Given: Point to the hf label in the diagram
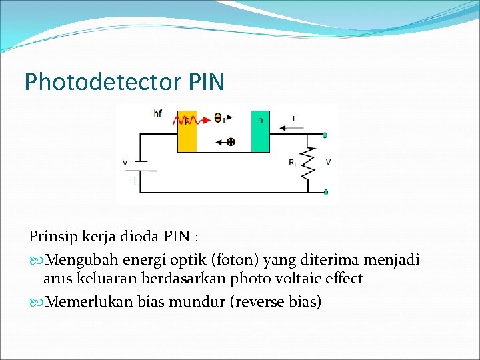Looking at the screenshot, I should (x=157, y=113).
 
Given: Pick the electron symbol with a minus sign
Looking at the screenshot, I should (x=218, y=118).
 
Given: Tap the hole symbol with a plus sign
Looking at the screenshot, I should (x=231, y=141).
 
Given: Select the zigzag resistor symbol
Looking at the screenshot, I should (x=307, y=163).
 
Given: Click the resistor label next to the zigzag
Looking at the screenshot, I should (x=292, y=163).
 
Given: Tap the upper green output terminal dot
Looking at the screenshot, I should (x=325, y=136).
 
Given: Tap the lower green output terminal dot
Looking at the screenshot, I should (x=325, y=193).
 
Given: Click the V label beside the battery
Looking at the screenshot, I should (x=124, y=161).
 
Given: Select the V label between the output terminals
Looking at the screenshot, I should (x=327, y=162).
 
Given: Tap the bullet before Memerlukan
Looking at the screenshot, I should (x=35, y=302).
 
